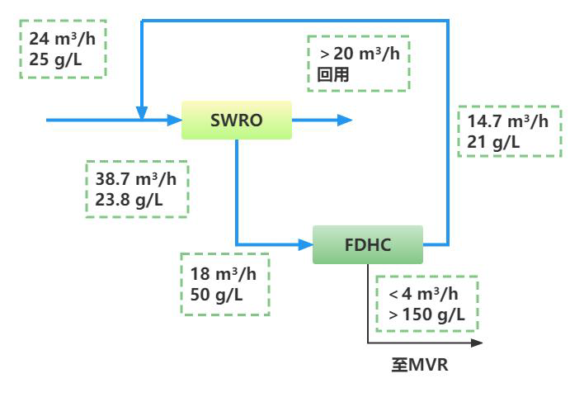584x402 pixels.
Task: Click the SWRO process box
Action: click(236, 120)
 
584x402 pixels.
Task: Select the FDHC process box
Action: click(367, 244)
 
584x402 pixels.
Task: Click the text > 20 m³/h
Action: click(360, 54)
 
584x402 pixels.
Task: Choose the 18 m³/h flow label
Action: click(219, 274)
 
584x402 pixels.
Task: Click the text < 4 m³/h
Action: click(424, 295)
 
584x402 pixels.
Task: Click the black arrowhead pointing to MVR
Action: click(476, 340)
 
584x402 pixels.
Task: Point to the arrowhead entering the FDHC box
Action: click(306, 244)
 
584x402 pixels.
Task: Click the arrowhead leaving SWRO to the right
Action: click(346, 121)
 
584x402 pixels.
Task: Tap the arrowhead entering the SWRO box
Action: click(175, 121)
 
